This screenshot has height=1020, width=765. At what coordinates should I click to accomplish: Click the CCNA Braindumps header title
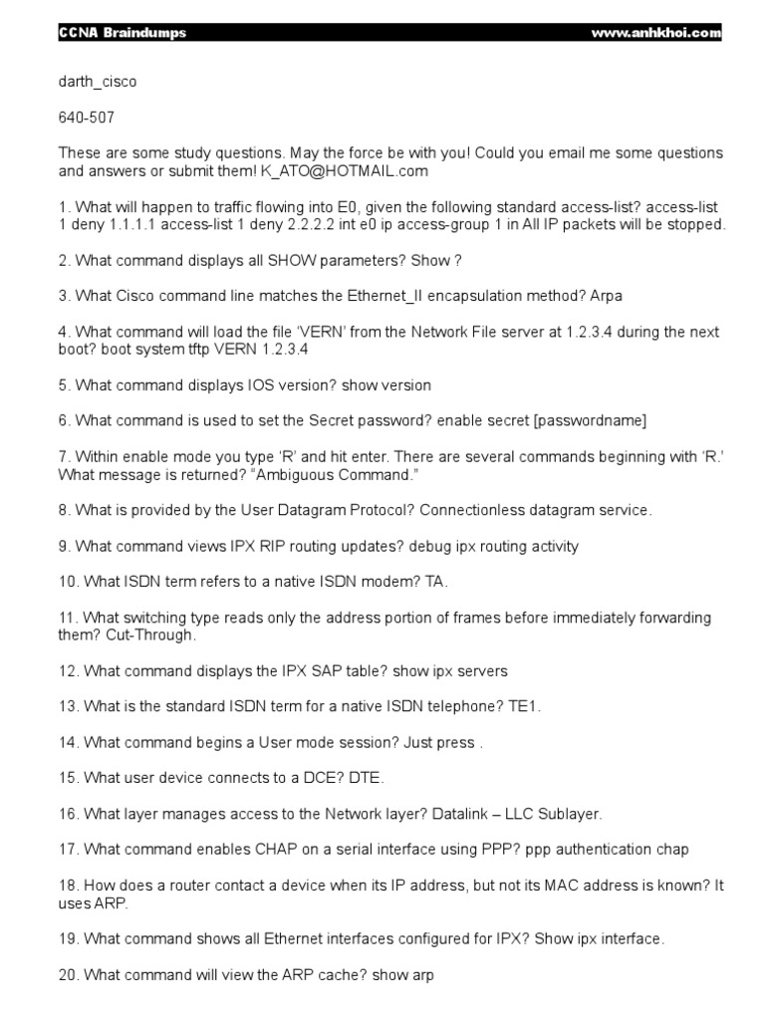122,33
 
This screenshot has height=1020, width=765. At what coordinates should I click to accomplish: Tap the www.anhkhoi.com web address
655,33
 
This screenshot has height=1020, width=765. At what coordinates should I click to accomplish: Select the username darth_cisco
98,82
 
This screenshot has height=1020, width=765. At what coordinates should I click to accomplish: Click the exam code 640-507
87,118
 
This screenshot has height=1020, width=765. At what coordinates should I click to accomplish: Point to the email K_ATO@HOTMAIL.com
344,171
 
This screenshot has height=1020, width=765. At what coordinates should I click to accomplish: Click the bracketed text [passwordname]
591,420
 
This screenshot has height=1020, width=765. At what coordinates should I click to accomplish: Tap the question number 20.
68,975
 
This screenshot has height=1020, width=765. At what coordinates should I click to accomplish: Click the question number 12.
68,670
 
